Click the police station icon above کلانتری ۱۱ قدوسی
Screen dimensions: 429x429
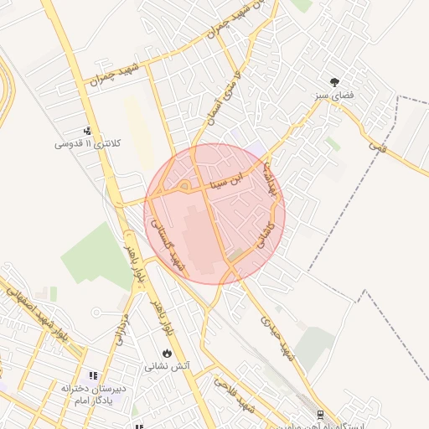click(x=87, y=131)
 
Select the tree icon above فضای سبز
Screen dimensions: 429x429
click(x=335, y=82)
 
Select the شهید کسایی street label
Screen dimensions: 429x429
click(x=168, y=246)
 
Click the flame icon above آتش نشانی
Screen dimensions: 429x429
click(x=168, y=353)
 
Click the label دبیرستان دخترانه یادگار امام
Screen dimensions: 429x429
click(x=92, y=394)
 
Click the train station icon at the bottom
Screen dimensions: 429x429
click(x=320, y=414)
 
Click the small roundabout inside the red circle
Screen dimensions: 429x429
click(x=184, y=185)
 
